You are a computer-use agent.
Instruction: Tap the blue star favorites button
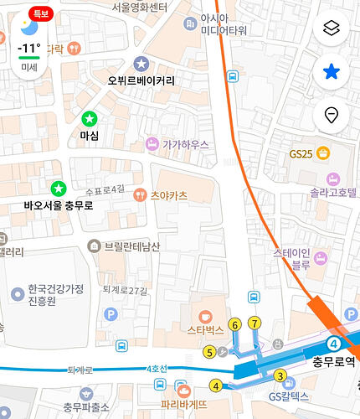coord(332,72)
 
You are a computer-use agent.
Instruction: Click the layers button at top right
coord(332,28)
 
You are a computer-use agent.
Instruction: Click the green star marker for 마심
coord(89,119)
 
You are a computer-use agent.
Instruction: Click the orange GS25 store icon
coord(323,153)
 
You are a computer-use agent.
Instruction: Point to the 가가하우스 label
coord(185,144)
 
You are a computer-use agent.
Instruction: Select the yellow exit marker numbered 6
coord(234,323)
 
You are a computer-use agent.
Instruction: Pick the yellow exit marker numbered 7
coord(255,323)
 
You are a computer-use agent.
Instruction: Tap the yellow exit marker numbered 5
coord(209,352)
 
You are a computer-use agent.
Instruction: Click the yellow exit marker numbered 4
coord(216,385)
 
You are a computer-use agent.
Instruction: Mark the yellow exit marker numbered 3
coord(280,375)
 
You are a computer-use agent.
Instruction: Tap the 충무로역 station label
coord(334,362)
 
